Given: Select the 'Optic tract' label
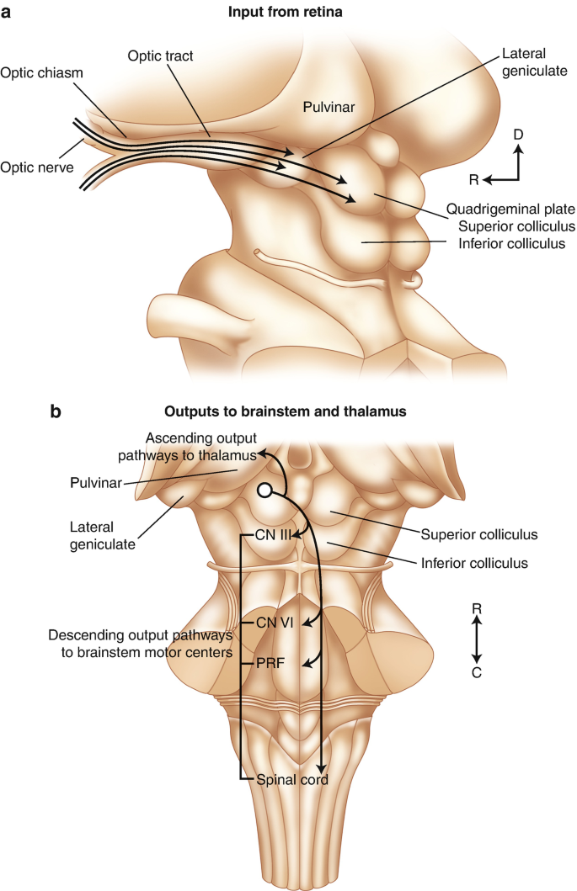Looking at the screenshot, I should (x=161, y=56).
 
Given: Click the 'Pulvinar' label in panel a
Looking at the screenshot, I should (x=329, y=105).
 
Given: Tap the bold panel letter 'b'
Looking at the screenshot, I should (x=56, y=411).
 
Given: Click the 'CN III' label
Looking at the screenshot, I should (x=272, y=534).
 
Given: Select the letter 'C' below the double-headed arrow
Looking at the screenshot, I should (x=478, y=673).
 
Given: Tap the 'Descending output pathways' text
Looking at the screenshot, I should (x=139, y=634).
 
